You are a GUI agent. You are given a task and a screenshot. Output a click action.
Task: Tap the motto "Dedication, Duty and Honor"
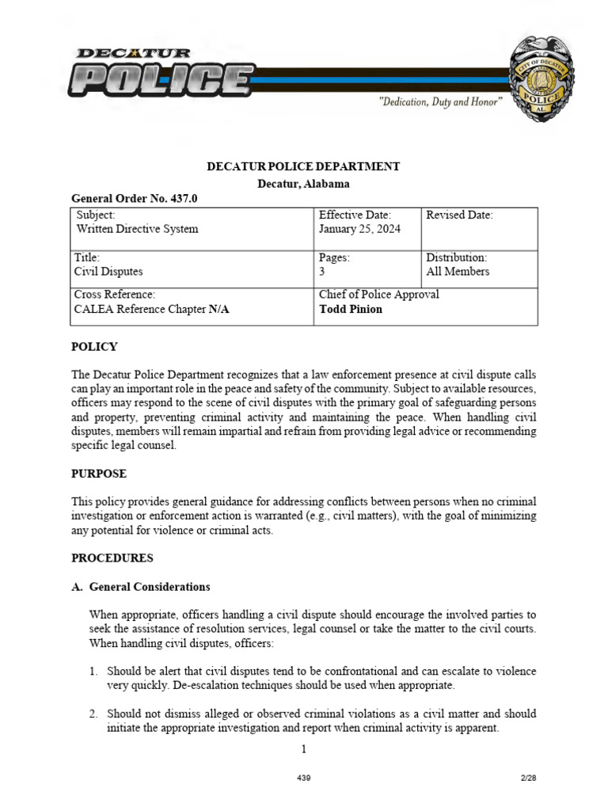pyautogui.click(x=440, y=103)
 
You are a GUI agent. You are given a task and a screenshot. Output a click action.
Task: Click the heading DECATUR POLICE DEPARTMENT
pyautogui.click(x=303, y=166)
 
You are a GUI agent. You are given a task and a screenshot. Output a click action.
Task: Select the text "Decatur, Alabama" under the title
pyautogui.click(x=303, y=183)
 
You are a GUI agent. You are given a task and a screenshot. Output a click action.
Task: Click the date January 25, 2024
pyautogui.click(x=359, y=229)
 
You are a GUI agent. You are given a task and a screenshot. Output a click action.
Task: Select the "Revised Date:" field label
pyautogui.click(x=459, y=215)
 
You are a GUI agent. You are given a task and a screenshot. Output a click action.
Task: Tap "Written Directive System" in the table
pyautogui.click(x=137, y=229)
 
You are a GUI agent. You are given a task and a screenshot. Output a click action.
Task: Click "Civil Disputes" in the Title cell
pyautogui.click(x=109, y=271)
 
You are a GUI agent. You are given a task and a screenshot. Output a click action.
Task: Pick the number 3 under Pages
pyautogui.click(x=321, y=271)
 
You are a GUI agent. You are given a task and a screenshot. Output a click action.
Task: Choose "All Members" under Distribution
pyautogui.click(x=458, y=271)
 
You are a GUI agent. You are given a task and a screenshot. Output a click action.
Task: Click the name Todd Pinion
pyautogui.click(x=350, y=309)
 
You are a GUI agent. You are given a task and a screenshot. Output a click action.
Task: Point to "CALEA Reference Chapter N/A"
pyautogui.click(x=151, y=309)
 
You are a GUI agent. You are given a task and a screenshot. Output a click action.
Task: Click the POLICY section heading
pyautogui.click(x=94, y=347)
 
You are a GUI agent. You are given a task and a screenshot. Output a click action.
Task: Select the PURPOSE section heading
pyautogui.click(x=99, y=474)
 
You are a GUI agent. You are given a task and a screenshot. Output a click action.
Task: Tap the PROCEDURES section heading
pyautogui.click(x=112, y=558)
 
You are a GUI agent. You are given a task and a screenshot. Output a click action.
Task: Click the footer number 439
pyautogui.click(x=303, y=779)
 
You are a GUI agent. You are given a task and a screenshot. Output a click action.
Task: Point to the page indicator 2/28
pyautogui.click(x=528, y=779)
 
